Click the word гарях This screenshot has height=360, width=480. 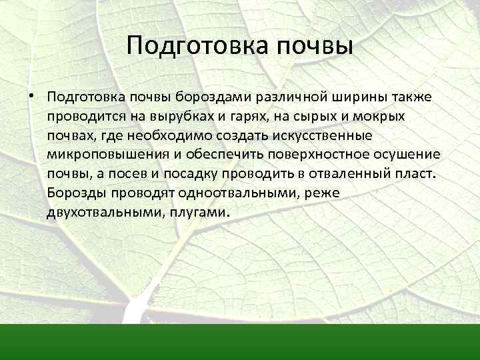245,117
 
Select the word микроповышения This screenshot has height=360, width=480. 101,155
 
